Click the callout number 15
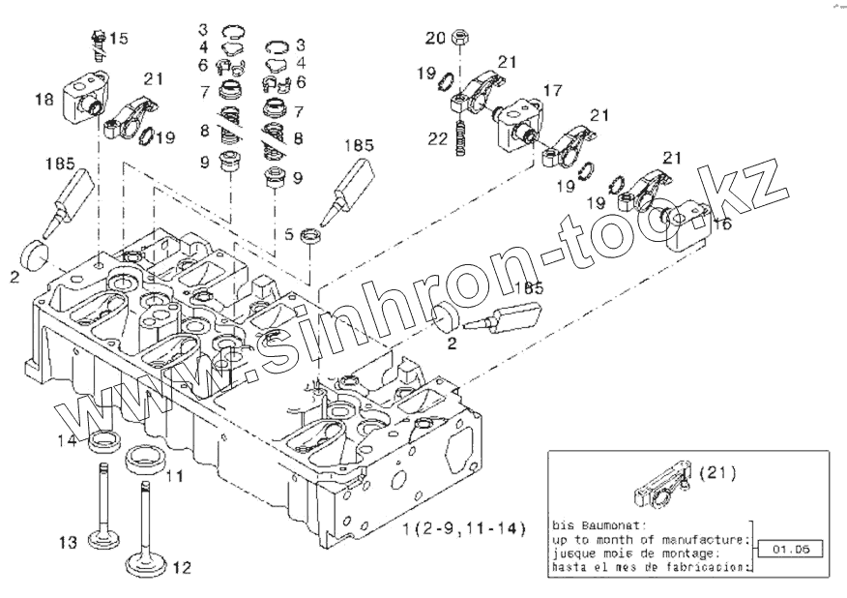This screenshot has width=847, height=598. coord(118,38)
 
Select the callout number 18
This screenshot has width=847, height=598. coord(44,99)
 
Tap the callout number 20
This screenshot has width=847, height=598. coord(435,38)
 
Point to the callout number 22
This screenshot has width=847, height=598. coord(438,139)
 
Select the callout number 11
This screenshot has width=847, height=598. coord(173,476)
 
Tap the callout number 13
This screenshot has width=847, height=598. coord(65,544)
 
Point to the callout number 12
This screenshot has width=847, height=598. coord(182,566)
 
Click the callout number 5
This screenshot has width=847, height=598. coord(288,232)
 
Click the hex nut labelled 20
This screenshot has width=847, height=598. coord(461,39)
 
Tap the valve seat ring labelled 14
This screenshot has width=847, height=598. coord(104,443)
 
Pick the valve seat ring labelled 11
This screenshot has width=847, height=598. coord(146,454)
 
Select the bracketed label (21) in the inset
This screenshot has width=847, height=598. coord(716,473)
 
